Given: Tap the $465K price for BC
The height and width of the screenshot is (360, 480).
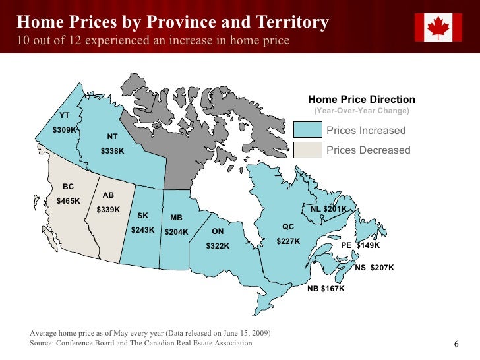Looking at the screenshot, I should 69,200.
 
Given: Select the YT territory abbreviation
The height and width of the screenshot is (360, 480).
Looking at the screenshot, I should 65,115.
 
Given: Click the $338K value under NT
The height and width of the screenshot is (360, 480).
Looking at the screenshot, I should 112,151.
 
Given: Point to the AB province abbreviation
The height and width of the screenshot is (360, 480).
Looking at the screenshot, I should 108,195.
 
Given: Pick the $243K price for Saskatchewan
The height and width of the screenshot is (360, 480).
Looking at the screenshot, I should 142,230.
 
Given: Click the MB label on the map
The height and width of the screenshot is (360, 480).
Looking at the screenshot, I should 176,218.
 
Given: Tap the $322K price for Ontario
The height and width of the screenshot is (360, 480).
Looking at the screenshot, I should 218,246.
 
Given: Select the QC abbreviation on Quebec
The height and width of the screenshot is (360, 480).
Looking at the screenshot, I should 288,227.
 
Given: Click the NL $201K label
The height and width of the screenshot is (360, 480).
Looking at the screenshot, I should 328,209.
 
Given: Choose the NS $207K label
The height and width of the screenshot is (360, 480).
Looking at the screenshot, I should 374,268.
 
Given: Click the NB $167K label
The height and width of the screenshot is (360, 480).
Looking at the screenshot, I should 326,289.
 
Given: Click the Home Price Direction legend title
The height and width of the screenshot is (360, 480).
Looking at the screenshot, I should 361,100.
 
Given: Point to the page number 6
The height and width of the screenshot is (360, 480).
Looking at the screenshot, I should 456,345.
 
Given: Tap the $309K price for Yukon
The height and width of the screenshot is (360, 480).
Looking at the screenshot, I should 65,130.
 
